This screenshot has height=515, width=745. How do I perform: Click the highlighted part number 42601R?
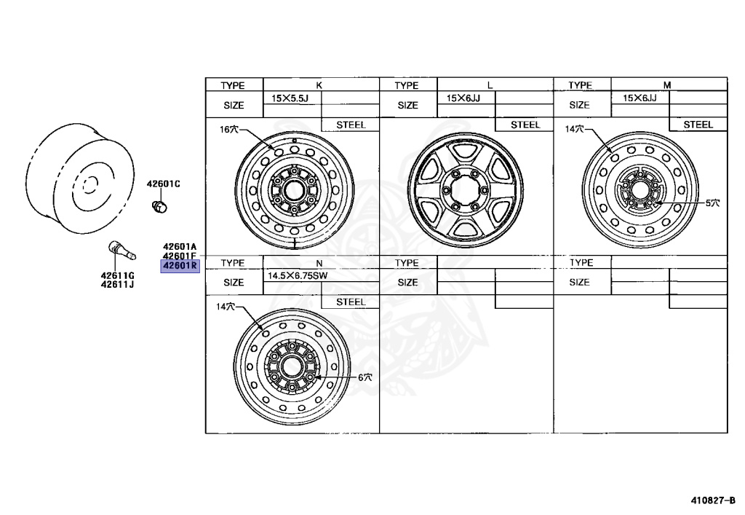click(180, 266)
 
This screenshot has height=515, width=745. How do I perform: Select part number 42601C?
click(164, 184)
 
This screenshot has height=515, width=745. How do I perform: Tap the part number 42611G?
click(117, 275)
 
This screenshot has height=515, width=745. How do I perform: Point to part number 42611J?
click(117, 284)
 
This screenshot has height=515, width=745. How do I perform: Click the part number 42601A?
click(180, 246)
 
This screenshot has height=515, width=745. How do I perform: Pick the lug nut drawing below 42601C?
click(159, 206)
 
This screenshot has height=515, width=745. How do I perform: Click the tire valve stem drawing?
click(122, 250)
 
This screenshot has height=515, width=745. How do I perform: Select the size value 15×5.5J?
click(290, 98)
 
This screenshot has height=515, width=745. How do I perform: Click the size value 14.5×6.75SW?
click(298, 276)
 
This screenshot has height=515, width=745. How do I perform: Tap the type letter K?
click(319, 85)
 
